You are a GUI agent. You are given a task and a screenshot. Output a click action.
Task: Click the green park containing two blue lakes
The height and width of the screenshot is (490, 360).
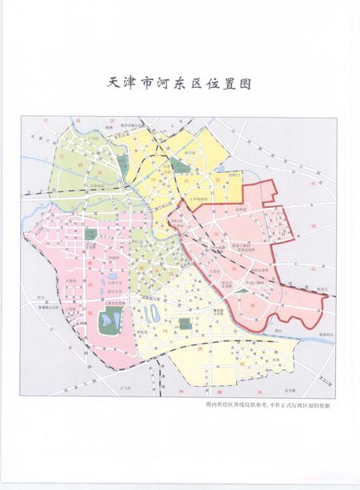tap(110, 324)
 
